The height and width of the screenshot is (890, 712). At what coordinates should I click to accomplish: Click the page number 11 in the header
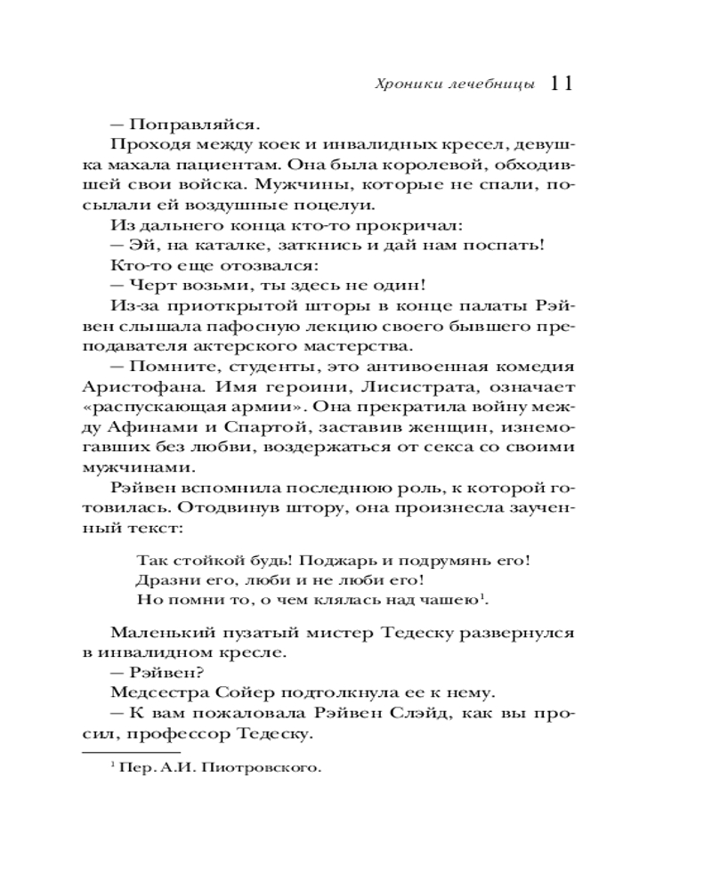(561, 83)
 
